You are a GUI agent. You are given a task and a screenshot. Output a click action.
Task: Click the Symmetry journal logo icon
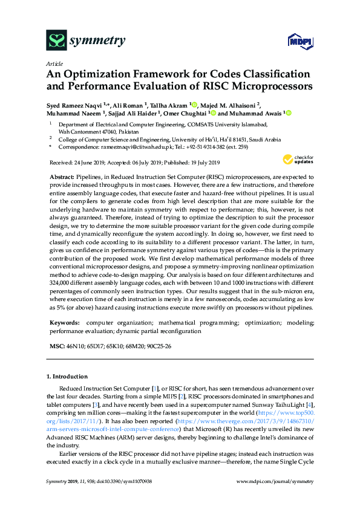tap(56, 41)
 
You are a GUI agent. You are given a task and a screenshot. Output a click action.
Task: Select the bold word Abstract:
tap(63, 174)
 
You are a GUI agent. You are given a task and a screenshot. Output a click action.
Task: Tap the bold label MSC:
tap(56, 346)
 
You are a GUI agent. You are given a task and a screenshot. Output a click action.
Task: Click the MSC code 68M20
tap(133, 346)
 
